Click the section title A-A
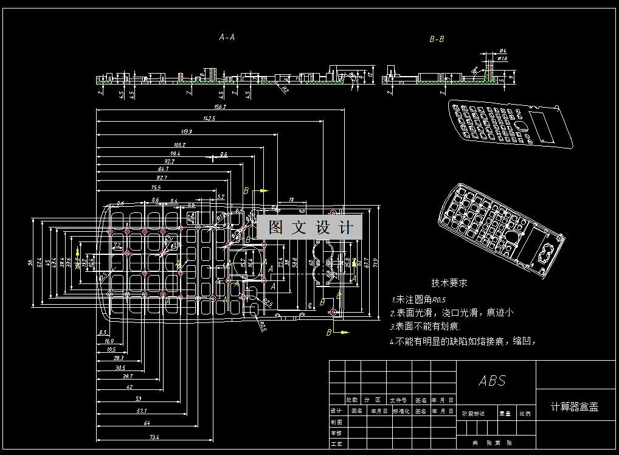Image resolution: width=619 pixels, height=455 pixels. (227, 37)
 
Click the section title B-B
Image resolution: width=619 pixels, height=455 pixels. (437, 40)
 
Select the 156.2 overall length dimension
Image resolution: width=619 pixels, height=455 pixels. (220, 107)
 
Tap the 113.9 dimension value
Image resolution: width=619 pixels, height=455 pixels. (187, 131)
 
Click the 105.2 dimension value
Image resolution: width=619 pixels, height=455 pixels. (179, 145)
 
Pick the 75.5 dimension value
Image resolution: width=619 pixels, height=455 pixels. (155, 188)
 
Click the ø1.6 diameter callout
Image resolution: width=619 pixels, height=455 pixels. (502, 58)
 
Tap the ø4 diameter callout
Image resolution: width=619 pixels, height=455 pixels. (502, 50)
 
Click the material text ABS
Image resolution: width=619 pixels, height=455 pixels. (492, 381)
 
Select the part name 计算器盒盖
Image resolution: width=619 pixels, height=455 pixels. (575, 407)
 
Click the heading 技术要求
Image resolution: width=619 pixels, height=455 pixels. (449, 283)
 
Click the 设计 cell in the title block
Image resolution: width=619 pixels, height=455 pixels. (336, 411)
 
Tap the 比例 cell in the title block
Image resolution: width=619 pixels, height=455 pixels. (525, 413)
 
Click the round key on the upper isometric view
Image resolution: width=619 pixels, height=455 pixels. (521, 126)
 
